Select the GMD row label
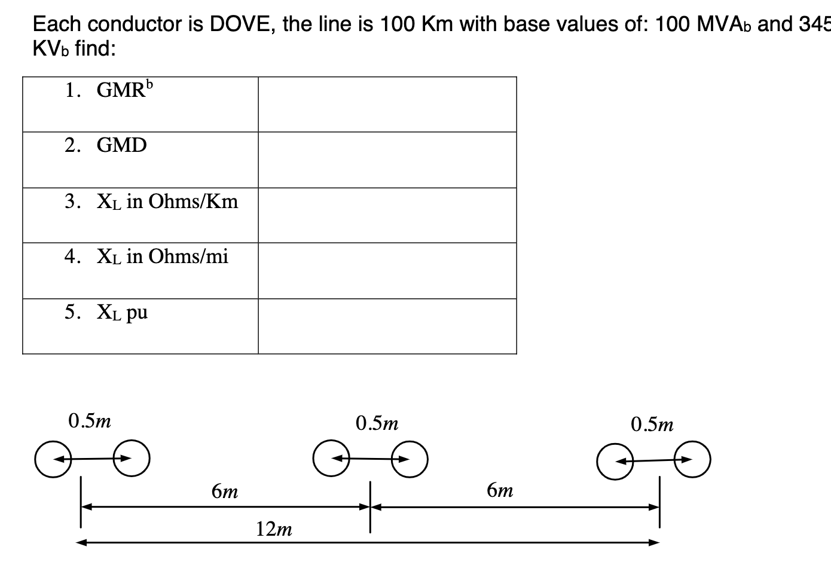tap(121, 145)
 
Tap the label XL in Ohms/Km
tap(167, 201)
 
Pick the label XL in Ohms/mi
tap(162, 256)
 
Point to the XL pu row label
tap(122, 312)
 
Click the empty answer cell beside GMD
tap(387, 160)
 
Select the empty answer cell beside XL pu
tap(387, 326)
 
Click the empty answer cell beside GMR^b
tap(387, 104)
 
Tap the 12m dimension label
tap(274, 529)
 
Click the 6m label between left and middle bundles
tap(225, 491)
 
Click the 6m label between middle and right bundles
tap(500, 491)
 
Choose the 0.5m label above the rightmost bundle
tap(652, 425)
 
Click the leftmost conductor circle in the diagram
tap(53, 459)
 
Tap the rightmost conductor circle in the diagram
tap(693, 459)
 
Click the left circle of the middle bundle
tap(331, 459)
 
